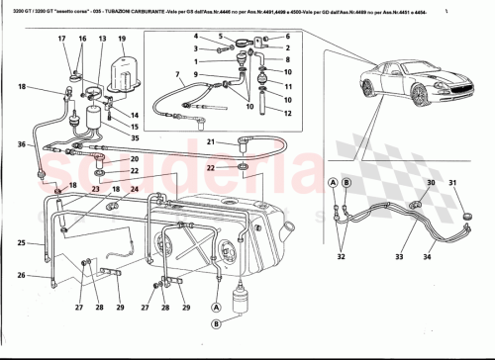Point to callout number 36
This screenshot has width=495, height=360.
(x=22, y=145)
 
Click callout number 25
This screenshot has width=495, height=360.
(x=22, y=242)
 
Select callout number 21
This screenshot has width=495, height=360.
(x=211, y=142)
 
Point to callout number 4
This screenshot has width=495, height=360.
(x=198, y=38)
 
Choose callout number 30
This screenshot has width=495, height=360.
(x=430, y=183)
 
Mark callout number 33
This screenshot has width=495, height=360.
(x=400, y=257)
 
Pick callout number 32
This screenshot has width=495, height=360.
(x=342, y=257)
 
